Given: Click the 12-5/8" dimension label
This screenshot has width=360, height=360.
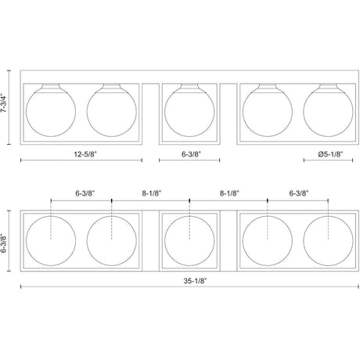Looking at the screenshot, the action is (85, 154).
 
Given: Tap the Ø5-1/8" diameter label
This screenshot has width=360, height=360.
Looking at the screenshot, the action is (330, 154).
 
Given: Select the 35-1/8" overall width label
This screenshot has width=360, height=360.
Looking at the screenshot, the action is (195, 281).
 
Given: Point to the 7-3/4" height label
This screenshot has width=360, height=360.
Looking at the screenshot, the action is (4, 103).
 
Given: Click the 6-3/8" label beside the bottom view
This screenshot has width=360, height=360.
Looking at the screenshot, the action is (4, 243).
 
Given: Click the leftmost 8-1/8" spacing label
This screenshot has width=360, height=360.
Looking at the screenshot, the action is (152, 193).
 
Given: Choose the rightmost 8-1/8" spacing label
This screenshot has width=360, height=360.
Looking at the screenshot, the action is (229, 193).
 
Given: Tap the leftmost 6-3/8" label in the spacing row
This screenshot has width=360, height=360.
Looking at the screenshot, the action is (85, 193).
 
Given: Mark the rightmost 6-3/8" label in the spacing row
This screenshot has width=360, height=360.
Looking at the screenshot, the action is (299, 193).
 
